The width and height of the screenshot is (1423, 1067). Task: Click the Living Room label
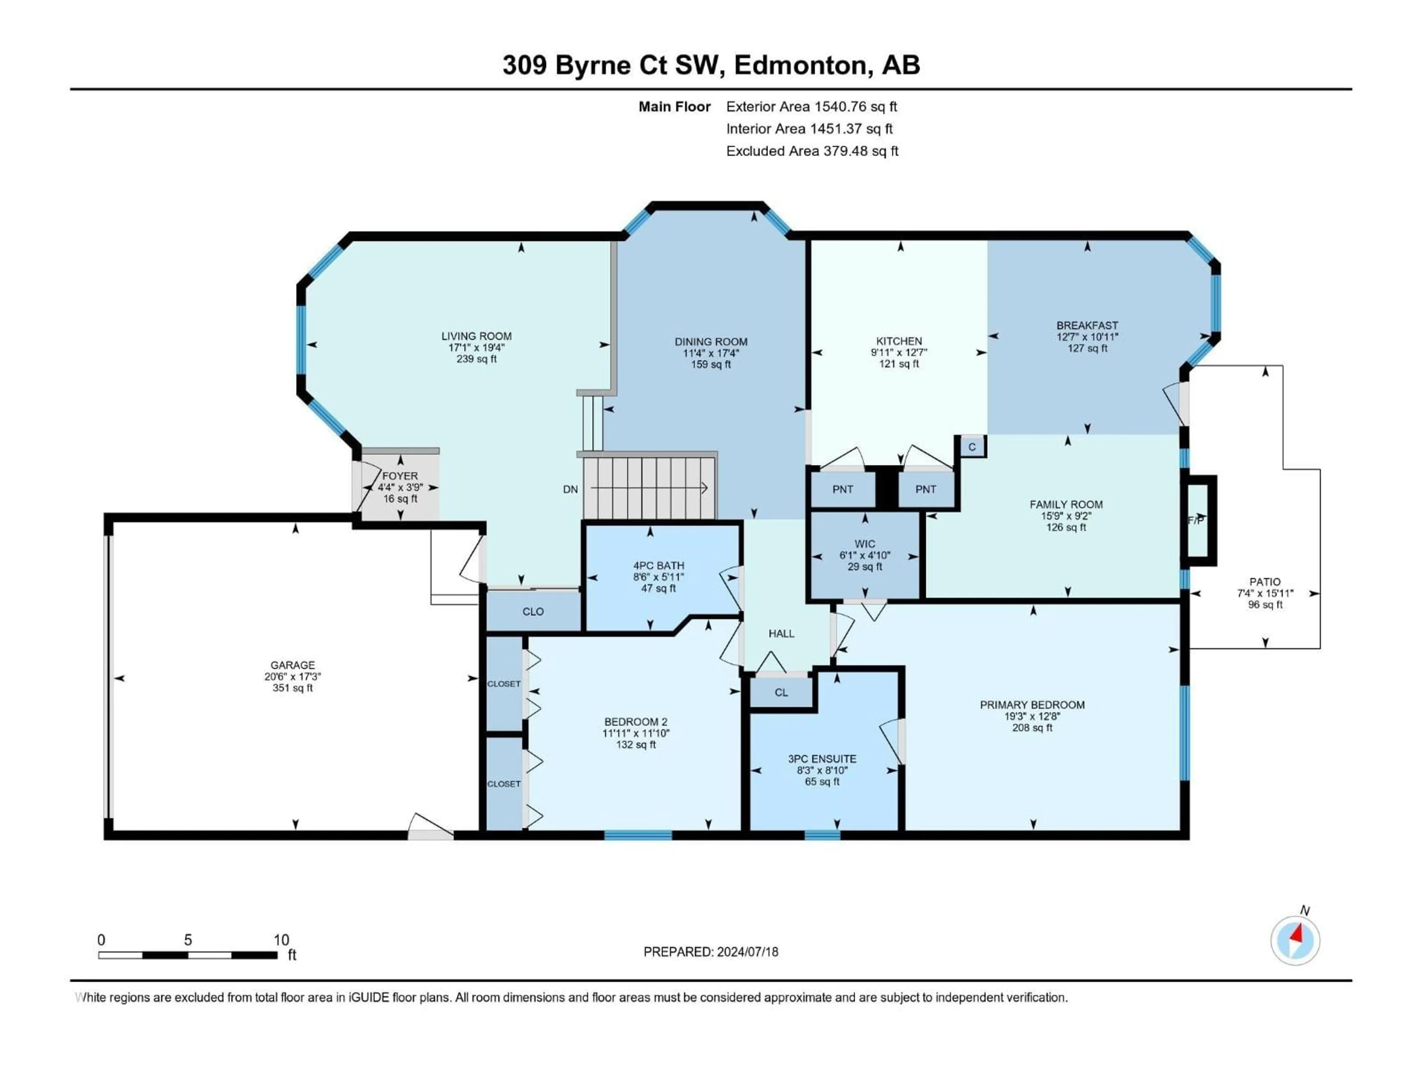pyautogui.click(x=476, y=336)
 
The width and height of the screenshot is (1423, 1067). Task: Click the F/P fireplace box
pyautogui.click(x=1197, y=520)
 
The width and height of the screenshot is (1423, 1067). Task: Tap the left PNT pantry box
pyautogui.click(x=843, y=489)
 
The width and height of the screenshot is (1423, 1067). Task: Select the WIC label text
pyautogui.click(x=865, y=544)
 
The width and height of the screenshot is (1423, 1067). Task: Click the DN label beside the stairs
pyautogui.click(x=570, y=489)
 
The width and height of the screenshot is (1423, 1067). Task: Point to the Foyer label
pyautogui.click(x=400, y=476)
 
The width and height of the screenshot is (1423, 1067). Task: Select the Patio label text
pyautogui.click(x=1265, y=581)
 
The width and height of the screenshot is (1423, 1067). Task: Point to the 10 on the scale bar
pyautogui.click(x=281, y=940)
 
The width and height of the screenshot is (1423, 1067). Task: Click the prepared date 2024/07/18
pyautogui.click(x=746, y=952)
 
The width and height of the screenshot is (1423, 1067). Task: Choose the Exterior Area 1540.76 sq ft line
pyautogui.click(x=811, y=107)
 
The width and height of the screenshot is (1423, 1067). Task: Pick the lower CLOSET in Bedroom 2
pyautogui.click(x=504, y=784)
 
